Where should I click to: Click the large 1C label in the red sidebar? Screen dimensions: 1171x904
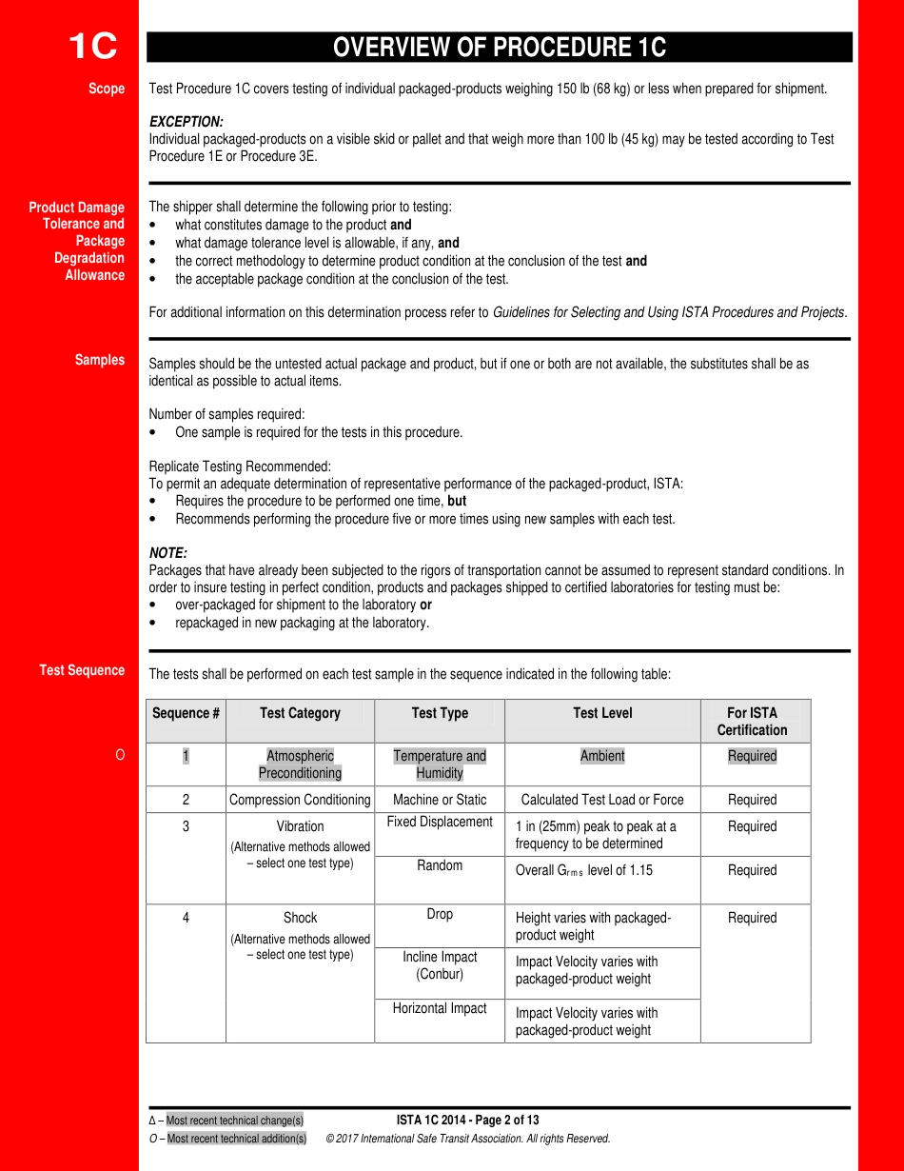point(92,47)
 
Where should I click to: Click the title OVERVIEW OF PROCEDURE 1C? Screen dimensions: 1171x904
point(499,48)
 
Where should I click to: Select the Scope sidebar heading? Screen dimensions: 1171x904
point(107,89)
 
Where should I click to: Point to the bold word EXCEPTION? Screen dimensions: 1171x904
point(187,122)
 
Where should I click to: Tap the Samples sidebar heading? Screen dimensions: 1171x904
point(100,360)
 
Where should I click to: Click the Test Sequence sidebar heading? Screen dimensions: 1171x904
point(82,670)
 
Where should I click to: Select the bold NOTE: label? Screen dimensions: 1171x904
point(168,553)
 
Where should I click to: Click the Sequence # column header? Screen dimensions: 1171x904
point(186,713)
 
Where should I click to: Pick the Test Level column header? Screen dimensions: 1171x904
point(602,713)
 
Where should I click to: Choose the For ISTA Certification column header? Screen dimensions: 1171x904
point(752,721)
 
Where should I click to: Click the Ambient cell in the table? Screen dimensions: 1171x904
point(602,756)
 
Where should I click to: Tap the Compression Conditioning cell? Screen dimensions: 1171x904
point(300,800)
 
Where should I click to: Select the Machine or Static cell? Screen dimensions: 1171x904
point(440,800)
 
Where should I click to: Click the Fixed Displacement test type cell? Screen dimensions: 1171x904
point(440,822)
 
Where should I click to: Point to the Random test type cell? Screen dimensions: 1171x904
point(440,865)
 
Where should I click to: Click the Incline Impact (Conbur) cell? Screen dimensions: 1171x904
point(440,965)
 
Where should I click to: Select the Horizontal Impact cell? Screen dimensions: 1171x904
point(440,1008)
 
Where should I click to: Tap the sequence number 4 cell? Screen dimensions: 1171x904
point(186,918)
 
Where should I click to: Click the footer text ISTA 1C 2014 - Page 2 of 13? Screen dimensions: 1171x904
point(467,1120)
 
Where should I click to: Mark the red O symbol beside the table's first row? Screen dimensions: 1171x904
point(120,756)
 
